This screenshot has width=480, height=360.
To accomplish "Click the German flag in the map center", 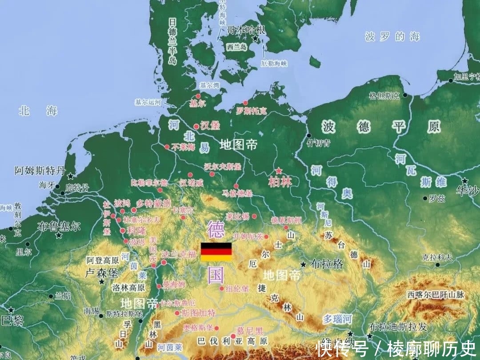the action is [216, 252].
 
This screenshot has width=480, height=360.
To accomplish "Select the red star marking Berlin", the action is [279, 171].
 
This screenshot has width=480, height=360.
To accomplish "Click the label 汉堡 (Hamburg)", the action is [210, 126].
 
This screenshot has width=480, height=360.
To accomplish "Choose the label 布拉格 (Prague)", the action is [327, 264].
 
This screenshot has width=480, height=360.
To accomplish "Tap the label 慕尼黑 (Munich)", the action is [249, 331].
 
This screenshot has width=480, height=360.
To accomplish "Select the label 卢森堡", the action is [101, 272].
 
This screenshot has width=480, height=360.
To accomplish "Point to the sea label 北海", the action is [38, 111].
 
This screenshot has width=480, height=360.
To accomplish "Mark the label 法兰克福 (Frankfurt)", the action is [179, 255].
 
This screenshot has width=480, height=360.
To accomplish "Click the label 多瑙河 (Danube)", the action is [337, 319].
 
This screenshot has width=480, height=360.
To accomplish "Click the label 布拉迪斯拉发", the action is [398, 327].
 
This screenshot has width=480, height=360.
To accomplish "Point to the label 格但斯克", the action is [384, 96].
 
